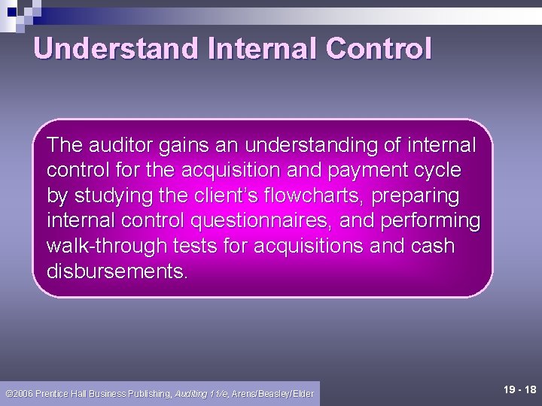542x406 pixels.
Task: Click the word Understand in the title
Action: click(x=115, y=49)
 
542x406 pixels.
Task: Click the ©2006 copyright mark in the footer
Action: click(x=18, y=393)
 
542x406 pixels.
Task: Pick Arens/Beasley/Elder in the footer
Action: click(x=273, y=393)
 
